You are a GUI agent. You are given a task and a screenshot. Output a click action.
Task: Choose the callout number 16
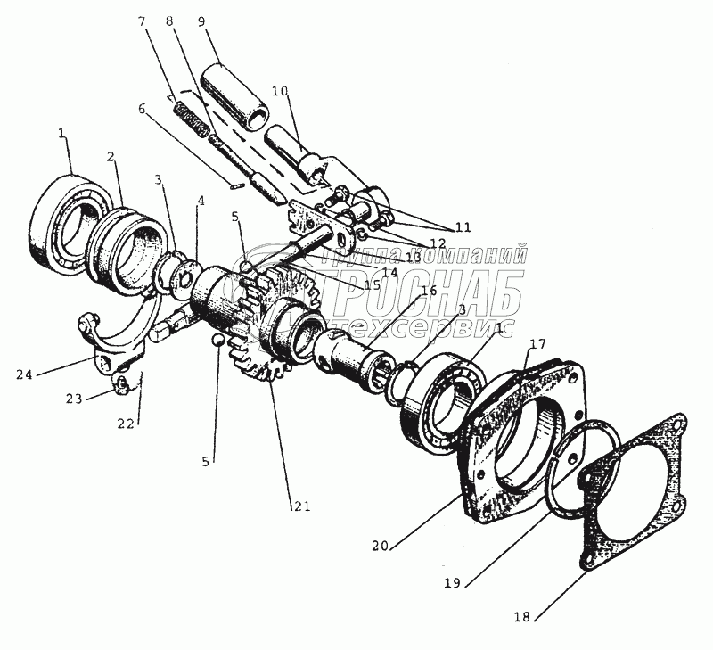428,291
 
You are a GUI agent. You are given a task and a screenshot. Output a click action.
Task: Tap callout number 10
281,92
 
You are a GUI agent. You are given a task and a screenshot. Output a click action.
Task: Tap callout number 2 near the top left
111,157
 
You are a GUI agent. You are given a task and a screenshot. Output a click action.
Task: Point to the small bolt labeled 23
123,385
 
